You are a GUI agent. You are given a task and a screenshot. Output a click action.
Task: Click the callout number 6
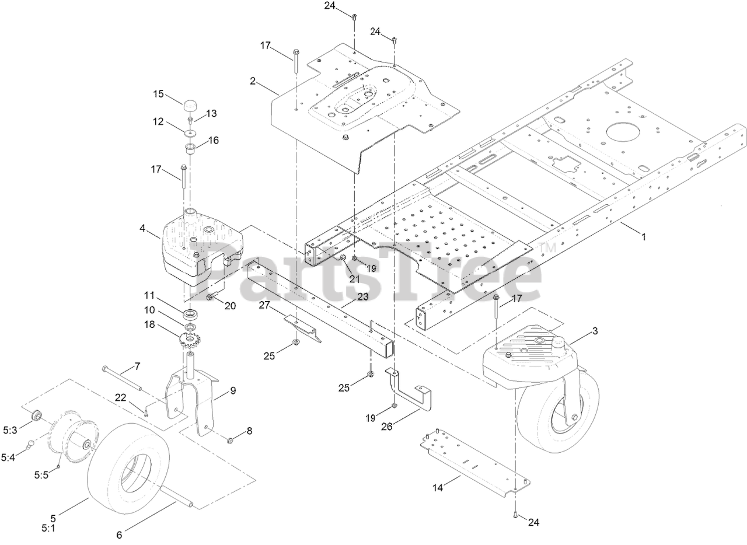tap(120, 534)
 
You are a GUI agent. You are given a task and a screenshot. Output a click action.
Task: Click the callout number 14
tap(437, 487)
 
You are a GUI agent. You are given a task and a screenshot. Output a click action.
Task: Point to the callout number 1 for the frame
tap(644, 237)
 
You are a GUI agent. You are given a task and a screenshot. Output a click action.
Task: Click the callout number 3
tap(595, 331)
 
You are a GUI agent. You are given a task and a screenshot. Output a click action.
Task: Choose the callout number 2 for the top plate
tap(253, 81)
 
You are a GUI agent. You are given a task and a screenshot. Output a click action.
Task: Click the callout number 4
tap(142, 228)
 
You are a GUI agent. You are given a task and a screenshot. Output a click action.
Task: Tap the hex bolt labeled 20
tap(210, 298)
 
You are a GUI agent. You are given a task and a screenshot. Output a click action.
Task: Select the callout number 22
tap(121, 397)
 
